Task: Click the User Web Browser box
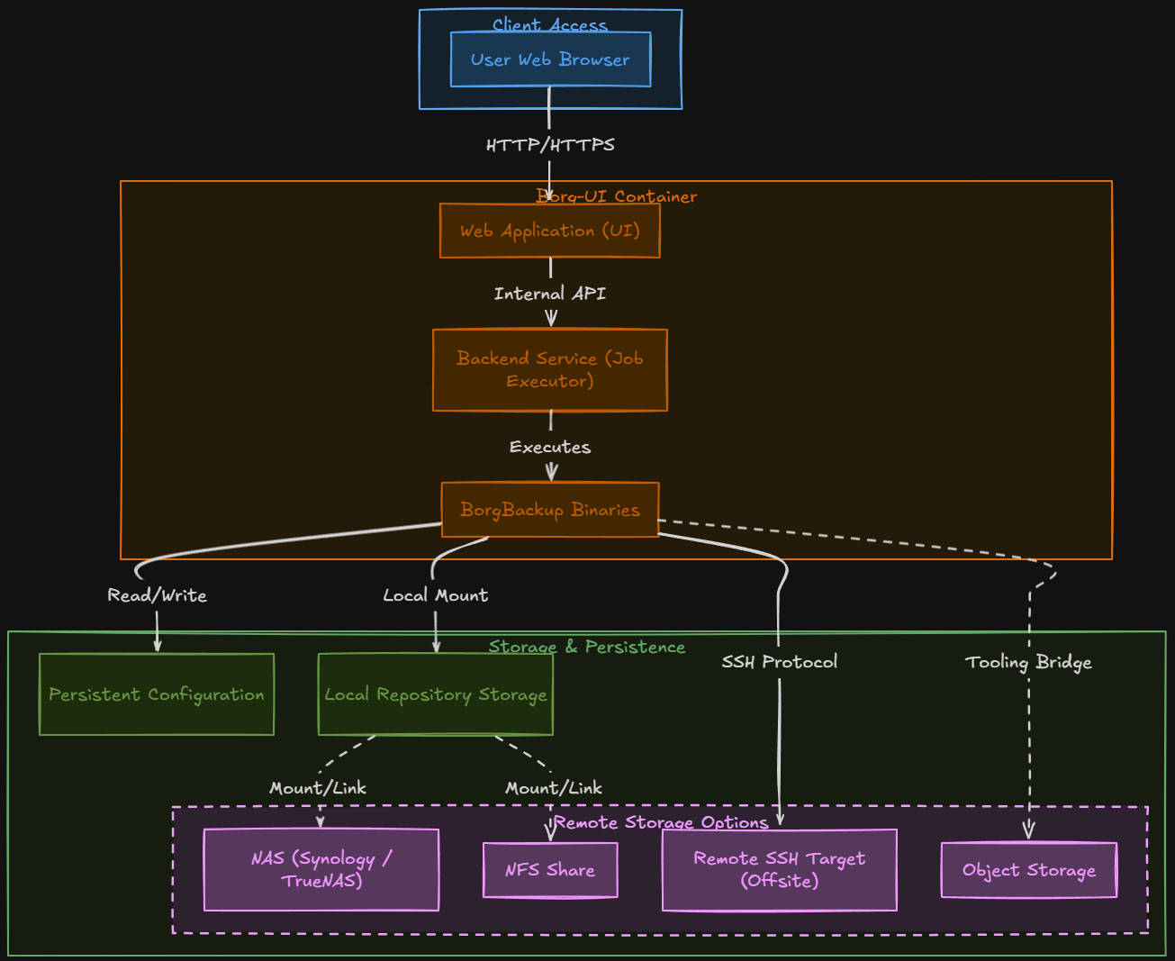[x=550, y=59]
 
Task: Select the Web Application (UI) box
[x=550, y=231]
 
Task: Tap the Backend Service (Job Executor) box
[x=550, y=370]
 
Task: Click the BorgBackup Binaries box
[x=550, y=510]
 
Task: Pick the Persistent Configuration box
[x=157, y=694]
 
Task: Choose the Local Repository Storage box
[x=436, y=694]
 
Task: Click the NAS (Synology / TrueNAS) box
[x=321, y=870]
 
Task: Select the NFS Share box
[x=550, y=870]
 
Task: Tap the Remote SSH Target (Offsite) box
[x=780, y=870]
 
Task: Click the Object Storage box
[x=1029, y=870]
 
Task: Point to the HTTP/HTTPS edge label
[x=550, y=145]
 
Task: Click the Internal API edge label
[x=550, y=294]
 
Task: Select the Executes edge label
[x=550, y=447]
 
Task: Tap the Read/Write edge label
[x=158, y=595]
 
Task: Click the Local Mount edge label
[x=436, y=595]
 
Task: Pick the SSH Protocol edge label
[x=780, y=662]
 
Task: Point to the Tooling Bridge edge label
[x=1029, y=662]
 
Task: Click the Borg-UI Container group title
[x=617, y=196]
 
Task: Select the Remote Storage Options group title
[x=662, y=822]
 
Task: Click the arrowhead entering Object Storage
[x=1029, y=832]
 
